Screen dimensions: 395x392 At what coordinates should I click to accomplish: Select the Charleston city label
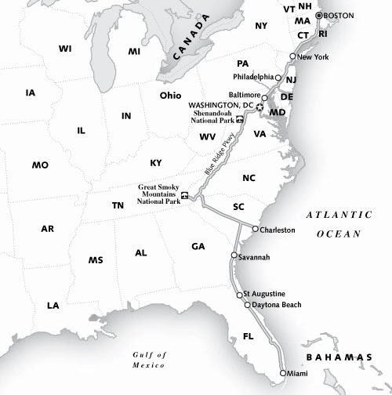point(278,230)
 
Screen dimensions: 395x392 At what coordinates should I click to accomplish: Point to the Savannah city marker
point(234,256)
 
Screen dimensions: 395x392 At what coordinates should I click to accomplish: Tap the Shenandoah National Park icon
point(239,120)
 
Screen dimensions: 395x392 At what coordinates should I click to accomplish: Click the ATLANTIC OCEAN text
point(339,223)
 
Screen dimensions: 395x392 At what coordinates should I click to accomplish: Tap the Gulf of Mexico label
point(151,360)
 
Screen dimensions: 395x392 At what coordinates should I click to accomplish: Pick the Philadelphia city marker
point(278,77)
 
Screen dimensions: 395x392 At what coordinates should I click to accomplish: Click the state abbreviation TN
point(118,205)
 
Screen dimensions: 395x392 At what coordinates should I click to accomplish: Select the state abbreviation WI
point(65,49)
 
